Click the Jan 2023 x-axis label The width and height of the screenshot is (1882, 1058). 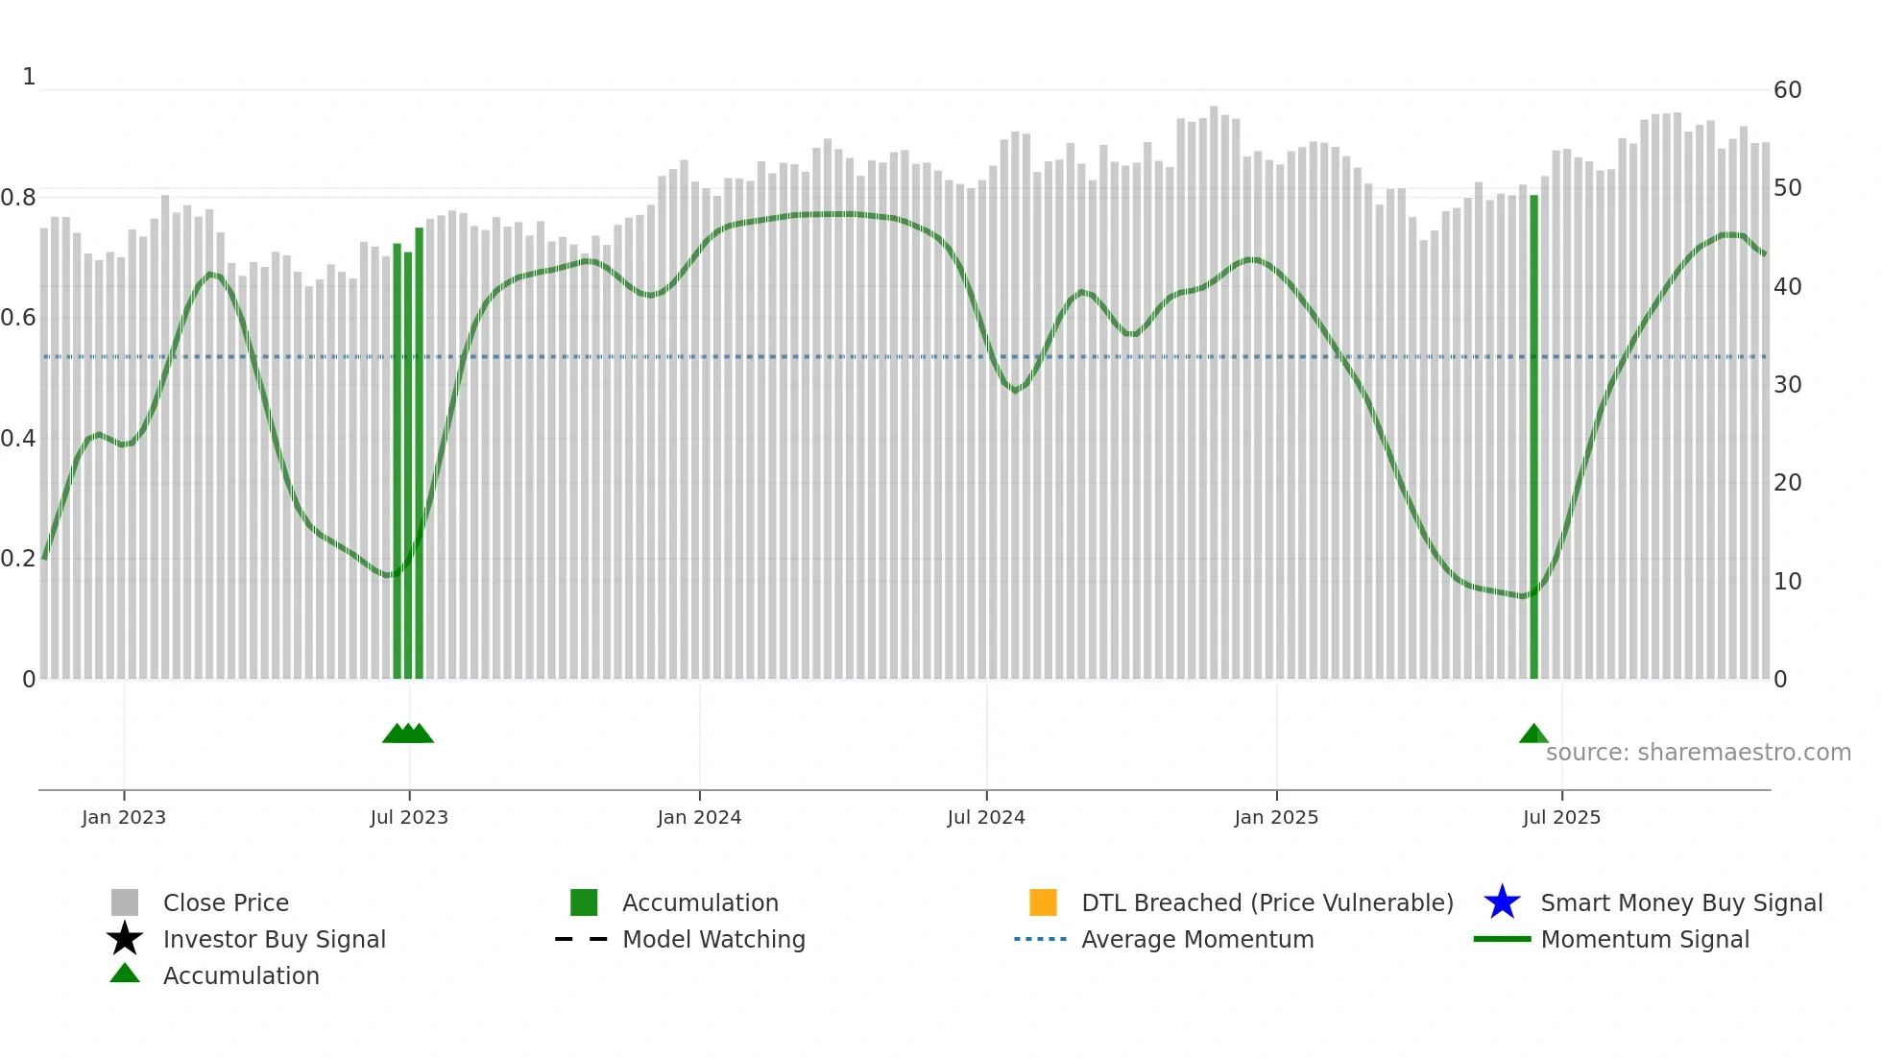tap(124, 817)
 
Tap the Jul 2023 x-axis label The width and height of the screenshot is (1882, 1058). tap(409, 817)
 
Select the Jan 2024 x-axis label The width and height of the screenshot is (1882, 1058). tap(699, 817)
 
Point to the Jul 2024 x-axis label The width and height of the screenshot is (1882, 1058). tap(986, 817)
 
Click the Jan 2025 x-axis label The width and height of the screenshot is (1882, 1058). tap(1276, 817)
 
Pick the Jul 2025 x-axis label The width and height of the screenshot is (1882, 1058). tap(1561, 817)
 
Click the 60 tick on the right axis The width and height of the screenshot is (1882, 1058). tap(1787, 90)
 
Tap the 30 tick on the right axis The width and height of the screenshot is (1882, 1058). tap(1787, 385)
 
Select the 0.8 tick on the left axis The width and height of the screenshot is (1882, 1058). tap(18, 198)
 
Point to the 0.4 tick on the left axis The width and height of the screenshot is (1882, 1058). tap(18, 439)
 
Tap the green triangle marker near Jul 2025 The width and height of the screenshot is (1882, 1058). tap(1533, 734)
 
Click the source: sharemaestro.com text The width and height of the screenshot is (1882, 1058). tap(1698, 753)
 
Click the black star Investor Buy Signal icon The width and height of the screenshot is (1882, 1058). tap(125, 939)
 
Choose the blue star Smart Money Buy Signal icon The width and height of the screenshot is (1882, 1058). tap(1502, 902)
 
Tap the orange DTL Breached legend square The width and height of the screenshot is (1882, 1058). tap(1043, 902)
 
